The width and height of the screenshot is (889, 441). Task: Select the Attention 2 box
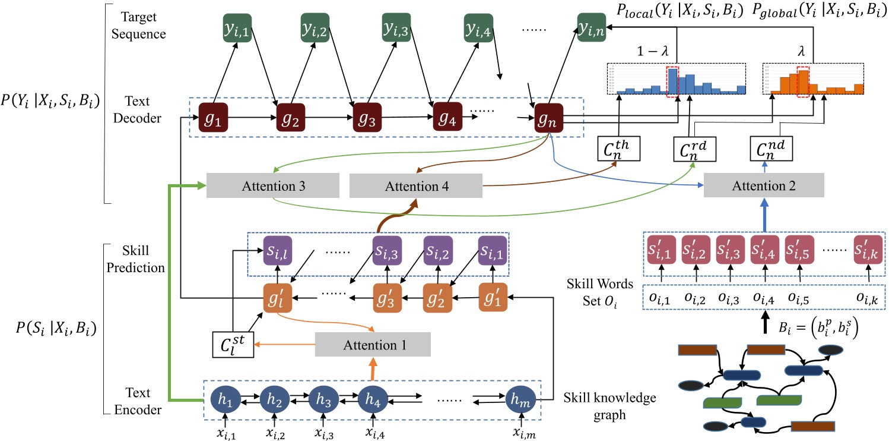tap(764, 187)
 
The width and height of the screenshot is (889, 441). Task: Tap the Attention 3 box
tap(272, 187)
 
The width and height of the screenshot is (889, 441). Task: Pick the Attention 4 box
tap(416, 187)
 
